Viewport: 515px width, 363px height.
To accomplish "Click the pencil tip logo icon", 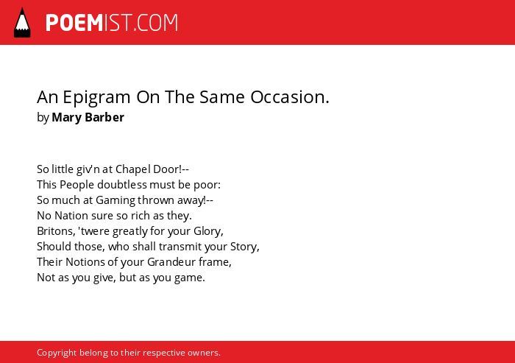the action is (x=22, y=23).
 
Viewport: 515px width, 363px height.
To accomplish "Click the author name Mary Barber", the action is (x=88, y=118).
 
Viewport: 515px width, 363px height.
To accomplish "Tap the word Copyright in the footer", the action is (x=57, y=353).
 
